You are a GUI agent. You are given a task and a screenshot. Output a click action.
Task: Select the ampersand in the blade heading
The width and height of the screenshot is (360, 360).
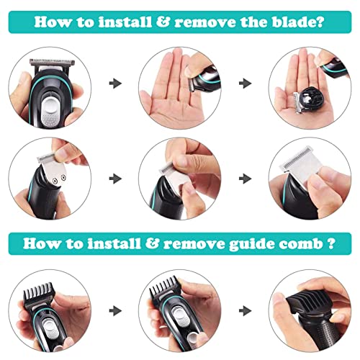click(x=163, y=22)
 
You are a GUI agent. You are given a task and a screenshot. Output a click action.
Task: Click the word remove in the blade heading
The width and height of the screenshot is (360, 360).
click(x=205, y=22)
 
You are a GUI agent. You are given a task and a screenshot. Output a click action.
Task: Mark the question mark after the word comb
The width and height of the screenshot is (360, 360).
click(x=331, y=243)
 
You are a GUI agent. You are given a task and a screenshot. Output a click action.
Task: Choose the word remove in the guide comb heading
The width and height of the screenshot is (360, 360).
click(x=194, y=244)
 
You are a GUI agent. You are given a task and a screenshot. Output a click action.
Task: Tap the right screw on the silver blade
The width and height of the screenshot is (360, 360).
click(x=63, y=178)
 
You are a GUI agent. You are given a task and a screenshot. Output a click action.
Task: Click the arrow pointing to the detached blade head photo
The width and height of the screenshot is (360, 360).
click(x=246, y=84)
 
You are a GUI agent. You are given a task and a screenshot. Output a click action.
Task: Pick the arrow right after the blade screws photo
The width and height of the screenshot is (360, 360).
click(x=115, y=179)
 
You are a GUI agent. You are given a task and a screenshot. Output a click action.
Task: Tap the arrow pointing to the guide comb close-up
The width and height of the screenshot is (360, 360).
click(x=246, y=311)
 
